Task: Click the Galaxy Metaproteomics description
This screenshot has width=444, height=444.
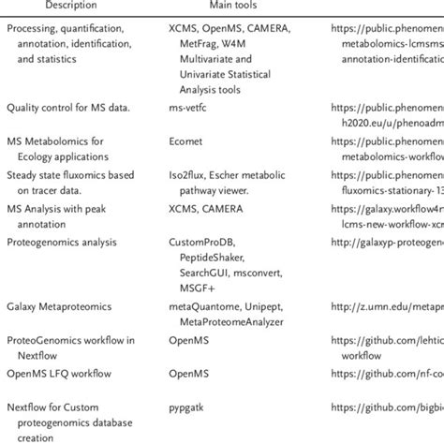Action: (59, 306)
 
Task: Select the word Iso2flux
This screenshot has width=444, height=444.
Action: (191, 174)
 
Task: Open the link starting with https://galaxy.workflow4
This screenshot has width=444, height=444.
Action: (388, 208)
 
